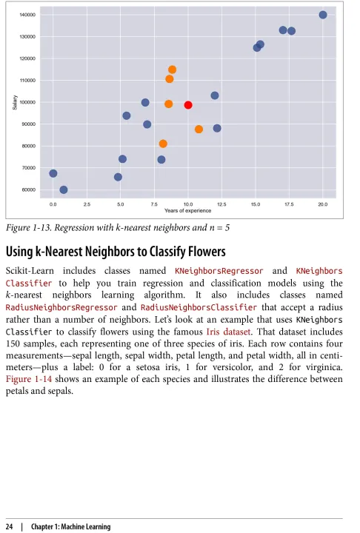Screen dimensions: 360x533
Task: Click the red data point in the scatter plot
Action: [188, 105]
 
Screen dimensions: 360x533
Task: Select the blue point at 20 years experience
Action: [323, 15]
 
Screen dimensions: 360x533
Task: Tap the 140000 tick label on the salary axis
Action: [28, 15]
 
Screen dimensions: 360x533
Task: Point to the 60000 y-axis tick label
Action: [29, 190]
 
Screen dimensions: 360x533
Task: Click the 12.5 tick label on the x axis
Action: [221, 204]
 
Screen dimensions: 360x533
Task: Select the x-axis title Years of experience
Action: [188, 211]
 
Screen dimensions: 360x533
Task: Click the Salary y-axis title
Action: [15, 102]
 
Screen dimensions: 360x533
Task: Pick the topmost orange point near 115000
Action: [172, 70]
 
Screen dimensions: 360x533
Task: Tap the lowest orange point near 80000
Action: [163, 144]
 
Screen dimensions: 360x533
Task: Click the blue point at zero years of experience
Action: [53, 174]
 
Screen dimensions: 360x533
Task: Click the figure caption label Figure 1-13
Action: [29, 228]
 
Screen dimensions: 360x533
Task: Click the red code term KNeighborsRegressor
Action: [219, 271]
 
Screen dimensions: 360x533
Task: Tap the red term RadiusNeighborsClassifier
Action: [199, 308]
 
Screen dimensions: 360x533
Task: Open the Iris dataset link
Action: [229, 332]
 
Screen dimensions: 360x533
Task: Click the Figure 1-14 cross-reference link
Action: [29, 379]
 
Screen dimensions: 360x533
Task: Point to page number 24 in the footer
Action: [10, 526]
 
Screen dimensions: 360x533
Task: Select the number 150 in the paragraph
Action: [13, 343]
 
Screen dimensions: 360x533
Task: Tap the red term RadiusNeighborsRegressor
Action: [61, 308]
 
